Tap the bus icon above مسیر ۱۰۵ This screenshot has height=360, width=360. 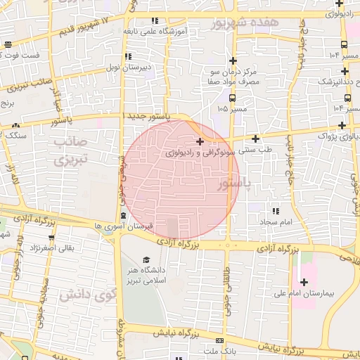[x=232, y=98]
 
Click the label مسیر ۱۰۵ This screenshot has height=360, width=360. [x=232, y=109]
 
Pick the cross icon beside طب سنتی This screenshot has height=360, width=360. [x=255, y=139]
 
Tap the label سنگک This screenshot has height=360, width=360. [x=15, y=134]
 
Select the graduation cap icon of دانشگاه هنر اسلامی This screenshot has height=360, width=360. [x=146, y=259]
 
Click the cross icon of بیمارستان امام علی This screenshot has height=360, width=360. [x=304, y=282]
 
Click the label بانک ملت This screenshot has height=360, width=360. [x=219, y=349]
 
